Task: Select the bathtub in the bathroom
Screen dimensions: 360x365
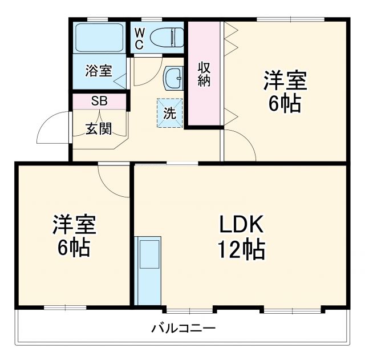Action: coord(99,38)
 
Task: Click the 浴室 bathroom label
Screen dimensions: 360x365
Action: coord(98,71)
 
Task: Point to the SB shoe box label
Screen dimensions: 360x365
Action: coord(99,102)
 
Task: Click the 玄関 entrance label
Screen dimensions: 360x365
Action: coord(99,128)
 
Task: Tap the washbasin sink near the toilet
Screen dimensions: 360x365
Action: coord(173,78)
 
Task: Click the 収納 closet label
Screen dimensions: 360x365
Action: coord(204,74)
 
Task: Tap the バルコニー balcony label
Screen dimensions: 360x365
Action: coord(183,329)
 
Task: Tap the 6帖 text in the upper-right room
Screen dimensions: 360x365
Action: coord(285,104)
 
